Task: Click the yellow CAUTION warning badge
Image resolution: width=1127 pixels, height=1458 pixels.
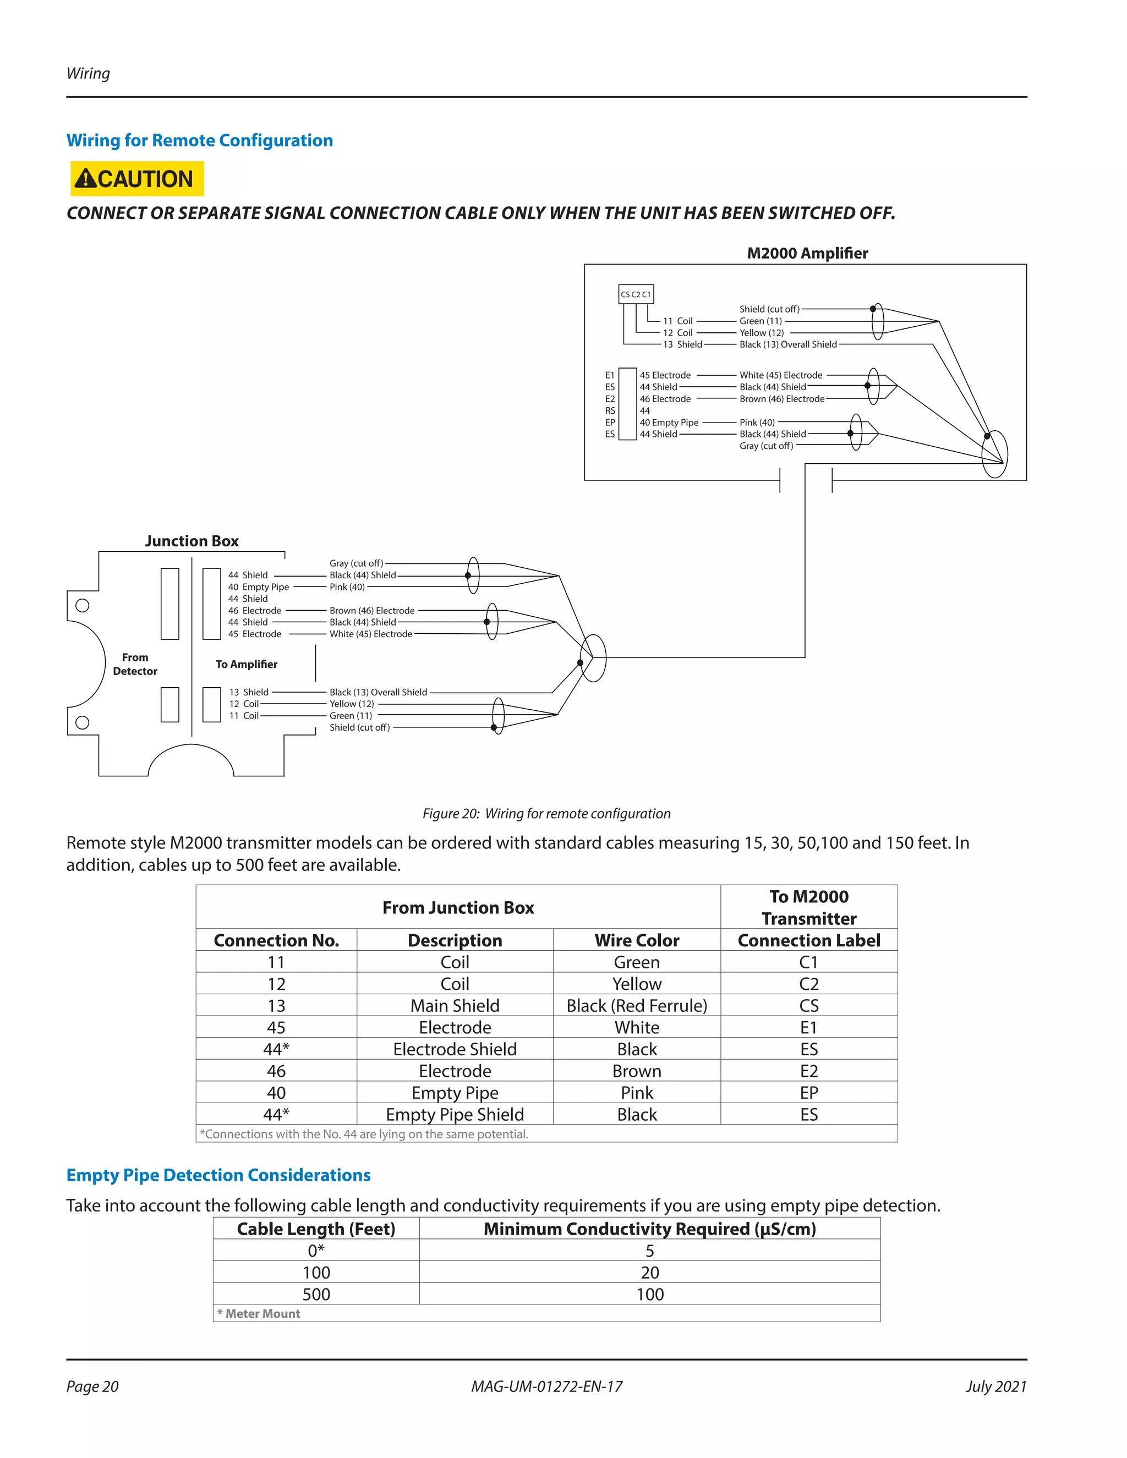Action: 137,179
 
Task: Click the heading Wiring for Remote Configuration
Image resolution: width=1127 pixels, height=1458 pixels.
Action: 200,140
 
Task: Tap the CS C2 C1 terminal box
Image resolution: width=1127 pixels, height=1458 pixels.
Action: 636,294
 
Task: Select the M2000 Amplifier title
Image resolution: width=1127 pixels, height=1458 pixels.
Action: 807,253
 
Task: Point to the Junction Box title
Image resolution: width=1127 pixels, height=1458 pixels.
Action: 192,541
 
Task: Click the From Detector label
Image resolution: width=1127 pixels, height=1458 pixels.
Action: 135,664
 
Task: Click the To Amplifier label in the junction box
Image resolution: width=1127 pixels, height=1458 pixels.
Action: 247,664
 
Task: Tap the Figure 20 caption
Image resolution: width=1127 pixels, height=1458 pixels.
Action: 546,813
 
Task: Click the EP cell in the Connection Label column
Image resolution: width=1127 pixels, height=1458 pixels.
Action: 808,1092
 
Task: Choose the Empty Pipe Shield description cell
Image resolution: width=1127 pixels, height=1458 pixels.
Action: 455,1114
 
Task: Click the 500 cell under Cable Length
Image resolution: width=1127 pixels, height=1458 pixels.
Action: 316,1295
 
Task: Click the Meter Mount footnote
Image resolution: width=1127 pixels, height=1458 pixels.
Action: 259,1313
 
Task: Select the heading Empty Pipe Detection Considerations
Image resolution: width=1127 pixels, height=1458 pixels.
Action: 218,1175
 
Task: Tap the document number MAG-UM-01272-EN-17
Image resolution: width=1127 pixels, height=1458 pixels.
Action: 546,1386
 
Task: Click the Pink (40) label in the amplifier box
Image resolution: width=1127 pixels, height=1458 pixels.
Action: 757,423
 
